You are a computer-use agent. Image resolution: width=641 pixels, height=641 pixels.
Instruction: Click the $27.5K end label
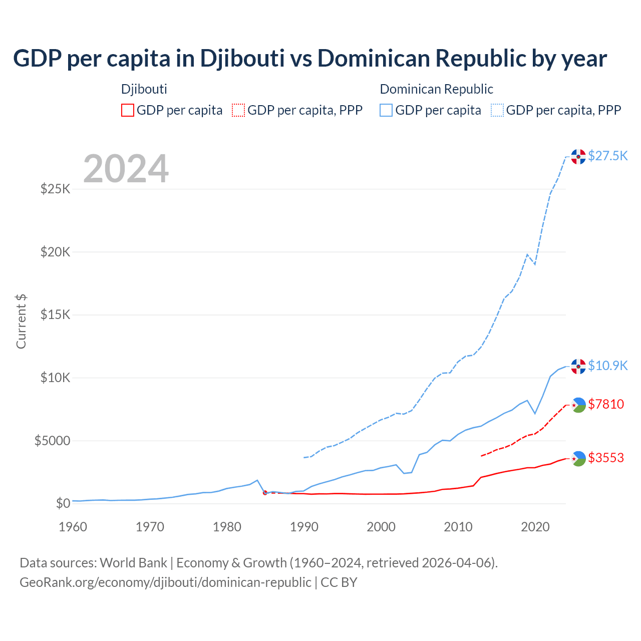(x=607, y=156)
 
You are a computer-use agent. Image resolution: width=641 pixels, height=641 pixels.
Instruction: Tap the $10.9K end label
(x=607, y=366)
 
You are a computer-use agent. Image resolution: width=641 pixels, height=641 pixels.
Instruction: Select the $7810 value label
(x=606, y=404)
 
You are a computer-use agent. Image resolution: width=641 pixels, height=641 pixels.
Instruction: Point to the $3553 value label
(x=606, y=458)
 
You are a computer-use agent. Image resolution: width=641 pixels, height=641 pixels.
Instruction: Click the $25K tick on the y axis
(x=56, y=189)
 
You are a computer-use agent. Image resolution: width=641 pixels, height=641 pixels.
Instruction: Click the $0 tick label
(x=63, y=503)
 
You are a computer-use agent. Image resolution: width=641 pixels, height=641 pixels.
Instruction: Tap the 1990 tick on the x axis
(x=304, y=527)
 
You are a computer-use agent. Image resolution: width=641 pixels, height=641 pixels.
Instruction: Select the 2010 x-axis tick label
(x=458, y=527)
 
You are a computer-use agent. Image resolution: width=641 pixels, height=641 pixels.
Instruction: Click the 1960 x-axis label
(x=73, y=527)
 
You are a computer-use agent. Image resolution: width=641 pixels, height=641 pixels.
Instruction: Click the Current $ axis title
(x=21, y=322)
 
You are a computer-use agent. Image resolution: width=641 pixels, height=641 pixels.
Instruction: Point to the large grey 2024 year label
(x=126, y=169)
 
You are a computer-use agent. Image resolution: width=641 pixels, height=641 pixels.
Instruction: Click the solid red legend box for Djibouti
(x=128, y=110)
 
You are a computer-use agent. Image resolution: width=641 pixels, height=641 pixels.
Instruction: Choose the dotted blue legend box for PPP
(x=497, y=110)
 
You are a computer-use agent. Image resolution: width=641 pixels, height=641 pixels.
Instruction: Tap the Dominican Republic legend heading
(x=436, y=89)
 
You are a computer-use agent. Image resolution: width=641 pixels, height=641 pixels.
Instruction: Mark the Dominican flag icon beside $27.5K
(x=578, y=157)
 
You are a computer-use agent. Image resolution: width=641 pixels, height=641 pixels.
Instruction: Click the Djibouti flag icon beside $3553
(x=578, y=458)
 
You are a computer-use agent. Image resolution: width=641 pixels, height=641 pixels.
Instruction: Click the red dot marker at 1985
(x=265, y=493)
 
